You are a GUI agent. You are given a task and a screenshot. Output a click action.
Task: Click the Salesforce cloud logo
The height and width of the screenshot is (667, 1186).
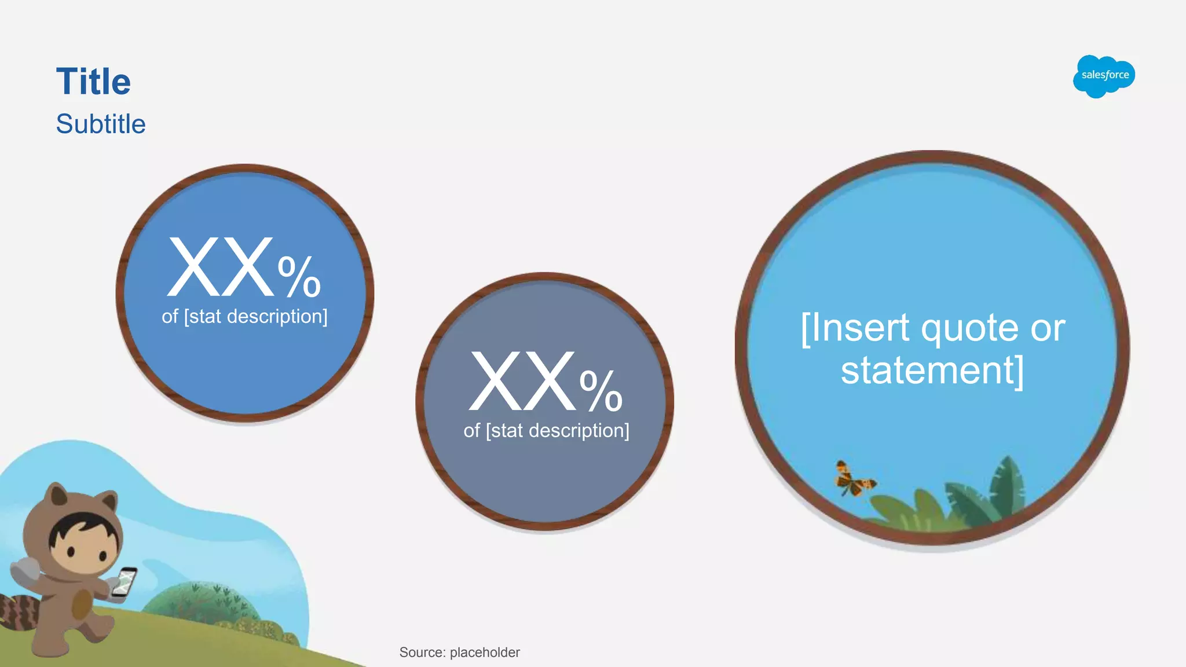tap(1104, 76)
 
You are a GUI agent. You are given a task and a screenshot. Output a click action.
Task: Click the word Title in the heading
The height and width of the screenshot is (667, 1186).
tap(93, 82)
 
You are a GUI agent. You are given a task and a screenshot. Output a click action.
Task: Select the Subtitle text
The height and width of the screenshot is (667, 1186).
tap(101, 124)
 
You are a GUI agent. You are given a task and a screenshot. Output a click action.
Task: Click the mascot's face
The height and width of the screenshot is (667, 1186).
tap(81, 545)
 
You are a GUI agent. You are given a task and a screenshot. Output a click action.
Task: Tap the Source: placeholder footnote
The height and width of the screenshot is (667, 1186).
tap(459, 653)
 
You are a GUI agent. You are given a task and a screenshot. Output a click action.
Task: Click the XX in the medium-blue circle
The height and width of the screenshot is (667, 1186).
tap(220, 267)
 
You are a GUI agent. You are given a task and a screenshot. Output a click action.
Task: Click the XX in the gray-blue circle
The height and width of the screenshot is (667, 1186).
tap(523, 382)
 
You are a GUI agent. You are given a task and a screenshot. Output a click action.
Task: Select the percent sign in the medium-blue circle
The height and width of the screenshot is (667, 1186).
tap(299, 277)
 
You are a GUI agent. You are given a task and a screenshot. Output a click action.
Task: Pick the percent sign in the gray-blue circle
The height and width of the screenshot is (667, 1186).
tap(601, 391)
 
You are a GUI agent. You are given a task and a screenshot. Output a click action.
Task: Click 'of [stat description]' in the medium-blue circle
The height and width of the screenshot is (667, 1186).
tap(244, 317)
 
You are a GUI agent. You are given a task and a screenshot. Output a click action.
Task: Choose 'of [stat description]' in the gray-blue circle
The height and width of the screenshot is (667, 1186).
tap(546, 431)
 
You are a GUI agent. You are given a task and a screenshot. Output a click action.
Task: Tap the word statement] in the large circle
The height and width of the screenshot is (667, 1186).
tap(932, 371)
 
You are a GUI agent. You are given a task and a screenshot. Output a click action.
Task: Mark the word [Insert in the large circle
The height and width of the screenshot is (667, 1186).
tap(855, 329)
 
